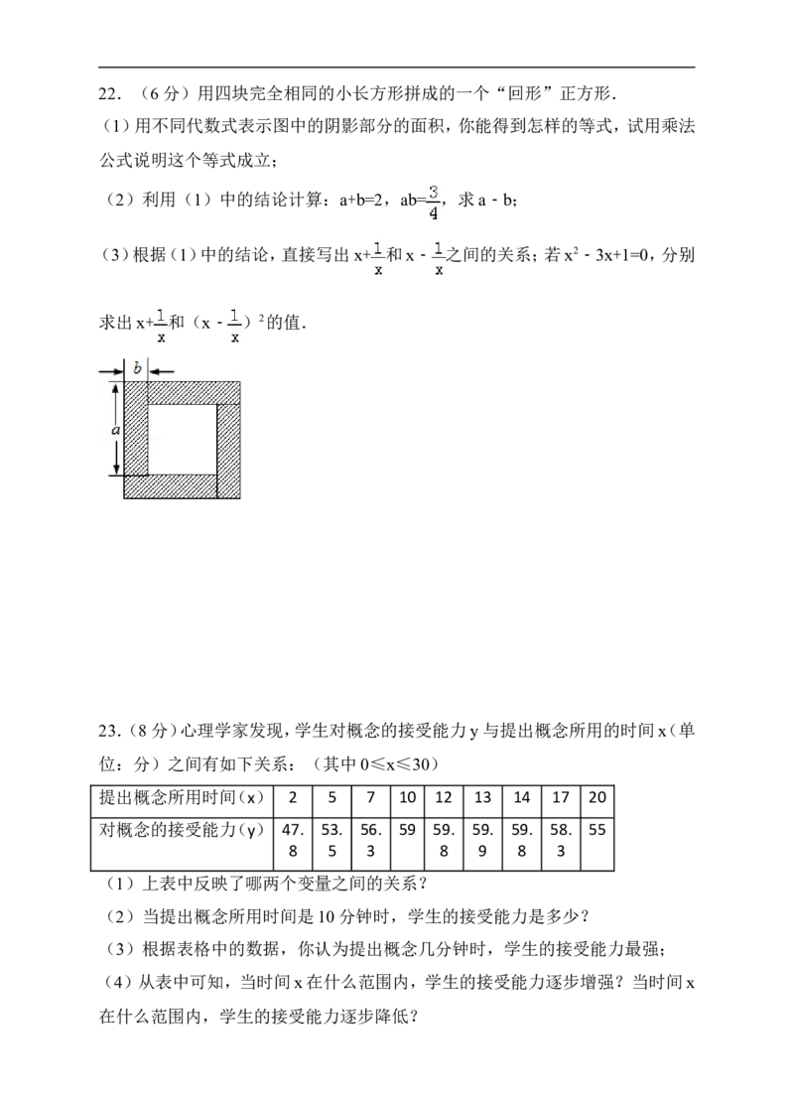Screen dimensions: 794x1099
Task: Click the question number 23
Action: click(111, 731)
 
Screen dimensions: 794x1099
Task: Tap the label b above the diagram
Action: click(137, 367)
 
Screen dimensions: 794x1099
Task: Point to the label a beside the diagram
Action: click(116, 430)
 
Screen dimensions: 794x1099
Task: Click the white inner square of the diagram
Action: click(182, 440)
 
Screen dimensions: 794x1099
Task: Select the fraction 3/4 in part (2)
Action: click(434, 202)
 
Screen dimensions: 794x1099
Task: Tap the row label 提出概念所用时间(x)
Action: click(182, 797)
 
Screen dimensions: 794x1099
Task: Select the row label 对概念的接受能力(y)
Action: click(182, 831)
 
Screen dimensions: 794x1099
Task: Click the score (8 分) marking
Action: click(151, 731)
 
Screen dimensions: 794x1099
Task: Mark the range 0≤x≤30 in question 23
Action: click(395, 764)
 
